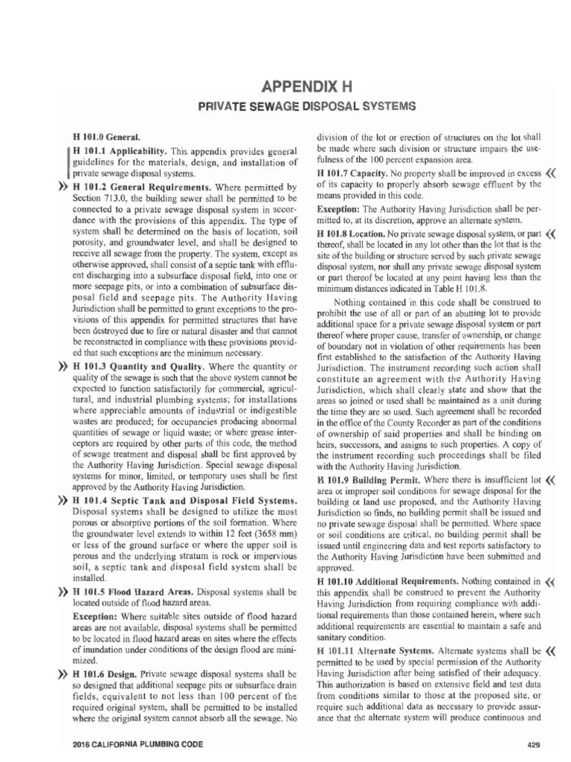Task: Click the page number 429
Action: pyautogui.click(x=532, y=744)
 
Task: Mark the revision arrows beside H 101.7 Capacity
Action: pyautogui.click(x=551, y=174)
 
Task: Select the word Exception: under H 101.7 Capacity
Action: pyautogui.click(x=338, y=210)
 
